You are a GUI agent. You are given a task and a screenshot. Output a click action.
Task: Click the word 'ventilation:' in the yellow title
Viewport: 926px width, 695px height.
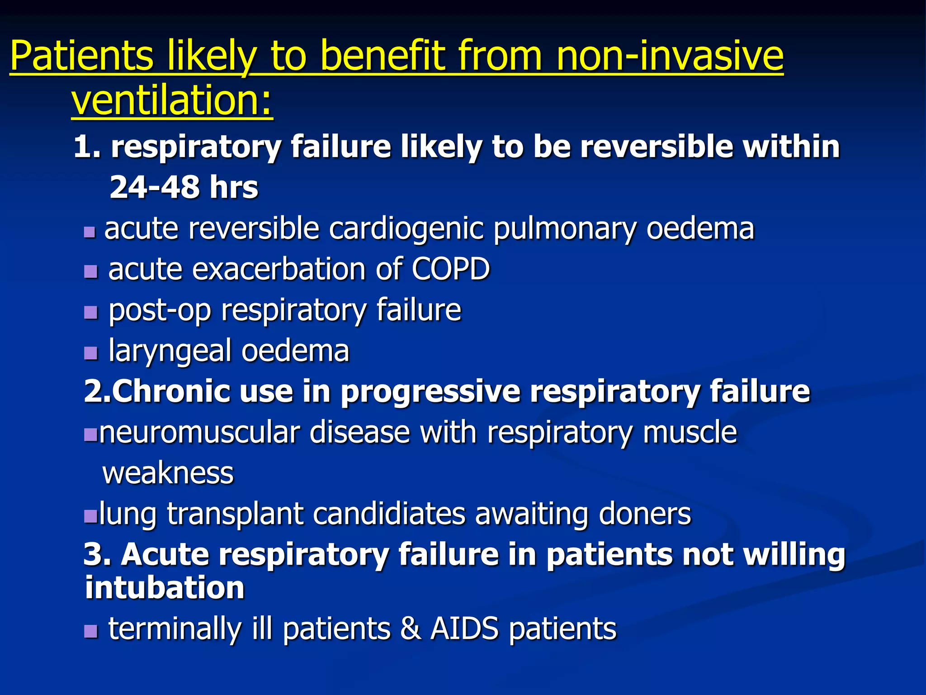tap(172, 100)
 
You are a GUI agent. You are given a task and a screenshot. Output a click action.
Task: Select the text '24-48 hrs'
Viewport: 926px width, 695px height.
tap(184, 187)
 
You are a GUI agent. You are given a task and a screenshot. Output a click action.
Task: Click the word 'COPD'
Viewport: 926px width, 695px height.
tap(450, 269)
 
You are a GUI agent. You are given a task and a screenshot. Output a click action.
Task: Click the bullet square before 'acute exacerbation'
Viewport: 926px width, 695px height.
tap(91, 271)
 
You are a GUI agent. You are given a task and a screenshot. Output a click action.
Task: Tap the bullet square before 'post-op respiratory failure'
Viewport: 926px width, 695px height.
tap(91, 312)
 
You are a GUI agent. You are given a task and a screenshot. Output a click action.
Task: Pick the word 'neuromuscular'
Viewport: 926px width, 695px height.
tap(199, 432)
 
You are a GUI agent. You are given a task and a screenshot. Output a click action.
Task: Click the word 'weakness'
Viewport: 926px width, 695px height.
tap(168, 473)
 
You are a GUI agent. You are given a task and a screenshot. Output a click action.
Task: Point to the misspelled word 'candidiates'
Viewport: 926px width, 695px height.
tap(389, 514)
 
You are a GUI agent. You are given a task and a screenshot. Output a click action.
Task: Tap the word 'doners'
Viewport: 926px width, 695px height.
tap(645, 514)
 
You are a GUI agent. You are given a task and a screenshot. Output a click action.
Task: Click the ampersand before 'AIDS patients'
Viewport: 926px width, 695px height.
tap(410, 628)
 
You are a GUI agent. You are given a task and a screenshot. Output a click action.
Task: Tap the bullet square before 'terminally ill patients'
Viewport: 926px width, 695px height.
tap(91, 631)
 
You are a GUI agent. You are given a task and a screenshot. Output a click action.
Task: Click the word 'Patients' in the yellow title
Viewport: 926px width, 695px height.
tap(81, 56)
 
